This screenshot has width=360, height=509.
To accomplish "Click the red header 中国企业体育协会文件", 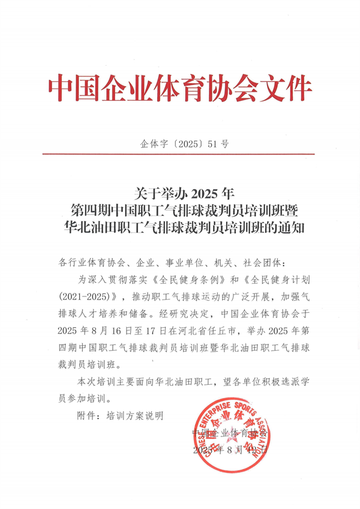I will (x=180, y=88).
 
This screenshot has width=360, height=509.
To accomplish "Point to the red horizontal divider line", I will (x=180, y=154).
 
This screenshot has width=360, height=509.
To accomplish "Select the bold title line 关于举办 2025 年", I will (x=179, y=193).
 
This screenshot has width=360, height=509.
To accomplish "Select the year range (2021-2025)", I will (x=89, y=297).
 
